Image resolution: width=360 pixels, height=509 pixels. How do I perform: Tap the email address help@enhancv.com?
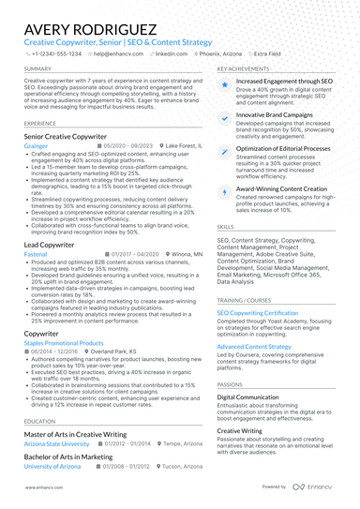117,54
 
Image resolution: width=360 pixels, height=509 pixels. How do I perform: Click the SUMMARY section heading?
37,69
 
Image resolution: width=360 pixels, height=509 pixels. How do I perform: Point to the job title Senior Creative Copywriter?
66,137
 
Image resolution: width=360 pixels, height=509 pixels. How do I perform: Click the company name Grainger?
36,146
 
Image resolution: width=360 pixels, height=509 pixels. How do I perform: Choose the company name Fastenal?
36,253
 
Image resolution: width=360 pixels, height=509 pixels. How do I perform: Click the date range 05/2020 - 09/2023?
126,146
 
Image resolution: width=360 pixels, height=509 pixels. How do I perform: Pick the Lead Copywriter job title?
49,244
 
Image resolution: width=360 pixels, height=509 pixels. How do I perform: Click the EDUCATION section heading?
39,422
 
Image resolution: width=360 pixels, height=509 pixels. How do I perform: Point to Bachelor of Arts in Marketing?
67,457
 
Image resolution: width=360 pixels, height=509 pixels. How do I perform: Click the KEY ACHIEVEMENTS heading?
247,69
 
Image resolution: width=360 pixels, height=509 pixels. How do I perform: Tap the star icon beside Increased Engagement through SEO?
225,84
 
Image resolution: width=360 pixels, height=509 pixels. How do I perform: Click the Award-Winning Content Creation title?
281,187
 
